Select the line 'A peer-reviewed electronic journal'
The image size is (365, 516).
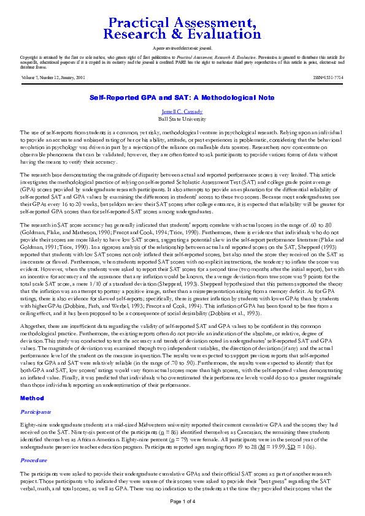coord(182,47)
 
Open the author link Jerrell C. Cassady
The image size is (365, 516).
coord(182,112)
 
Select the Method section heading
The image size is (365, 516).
coord(32,381)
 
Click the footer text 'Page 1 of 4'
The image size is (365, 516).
coord(182,501)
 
